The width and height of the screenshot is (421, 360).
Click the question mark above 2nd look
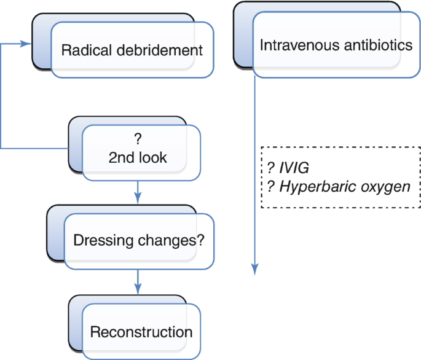[137, 138]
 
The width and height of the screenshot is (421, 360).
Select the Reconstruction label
[141, 332]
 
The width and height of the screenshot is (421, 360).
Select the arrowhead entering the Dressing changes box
[138, 198]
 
